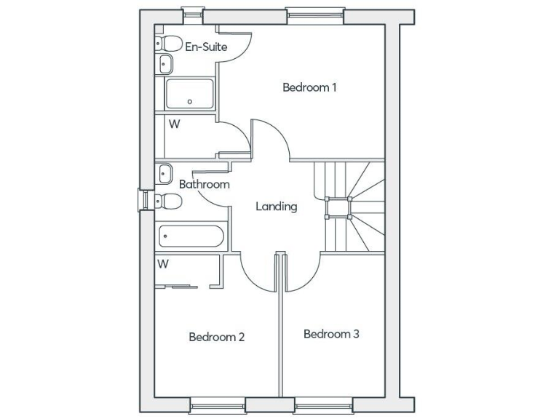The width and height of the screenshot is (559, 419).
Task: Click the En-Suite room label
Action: coord(206,47)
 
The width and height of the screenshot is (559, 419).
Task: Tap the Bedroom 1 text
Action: coord(309,88)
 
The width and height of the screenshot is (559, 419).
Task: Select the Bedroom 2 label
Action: coord(216,337)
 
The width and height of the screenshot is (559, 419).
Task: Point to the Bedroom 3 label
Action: coord(331,335)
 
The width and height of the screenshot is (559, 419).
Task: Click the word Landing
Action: coord(276,207)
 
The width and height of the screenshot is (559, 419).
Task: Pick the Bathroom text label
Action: coord(204,185)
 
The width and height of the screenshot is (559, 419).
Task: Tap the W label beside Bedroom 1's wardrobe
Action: coord(174,124)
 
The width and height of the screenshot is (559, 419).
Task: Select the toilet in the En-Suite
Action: coord(169,43)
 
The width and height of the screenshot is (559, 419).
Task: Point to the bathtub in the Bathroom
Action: coord(191,236)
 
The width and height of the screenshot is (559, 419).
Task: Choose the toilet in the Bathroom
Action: coord(168,201)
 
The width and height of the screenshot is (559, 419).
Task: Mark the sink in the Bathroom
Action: coord(164,173)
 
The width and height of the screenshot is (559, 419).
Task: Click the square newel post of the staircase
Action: coord(338,207)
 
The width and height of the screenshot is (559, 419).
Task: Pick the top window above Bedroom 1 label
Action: coord(314,15)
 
